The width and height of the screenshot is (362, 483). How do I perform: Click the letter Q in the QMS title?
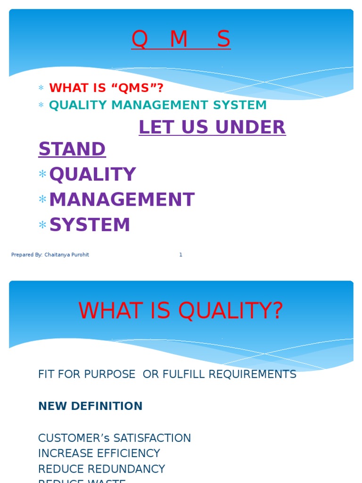(140, 40)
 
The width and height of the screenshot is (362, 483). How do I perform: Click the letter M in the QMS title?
(179, 40)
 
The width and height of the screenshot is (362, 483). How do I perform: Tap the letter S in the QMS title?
(223, 40)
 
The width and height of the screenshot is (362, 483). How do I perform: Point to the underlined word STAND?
(72, 150)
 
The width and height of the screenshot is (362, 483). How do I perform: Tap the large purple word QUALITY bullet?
(92, 175)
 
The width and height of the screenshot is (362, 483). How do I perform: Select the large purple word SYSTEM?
(90, 225)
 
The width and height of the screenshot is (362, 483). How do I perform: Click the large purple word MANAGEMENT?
(122, 200)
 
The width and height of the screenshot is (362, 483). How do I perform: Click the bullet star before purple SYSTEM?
(42, 225)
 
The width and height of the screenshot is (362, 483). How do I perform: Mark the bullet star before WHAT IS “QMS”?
(41, 88)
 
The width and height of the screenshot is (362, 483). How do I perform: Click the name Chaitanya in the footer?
(56, 255)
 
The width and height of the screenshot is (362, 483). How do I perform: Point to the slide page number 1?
(181, 255)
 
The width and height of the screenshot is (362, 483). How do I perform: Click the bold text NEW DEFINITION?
(90, 406)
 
